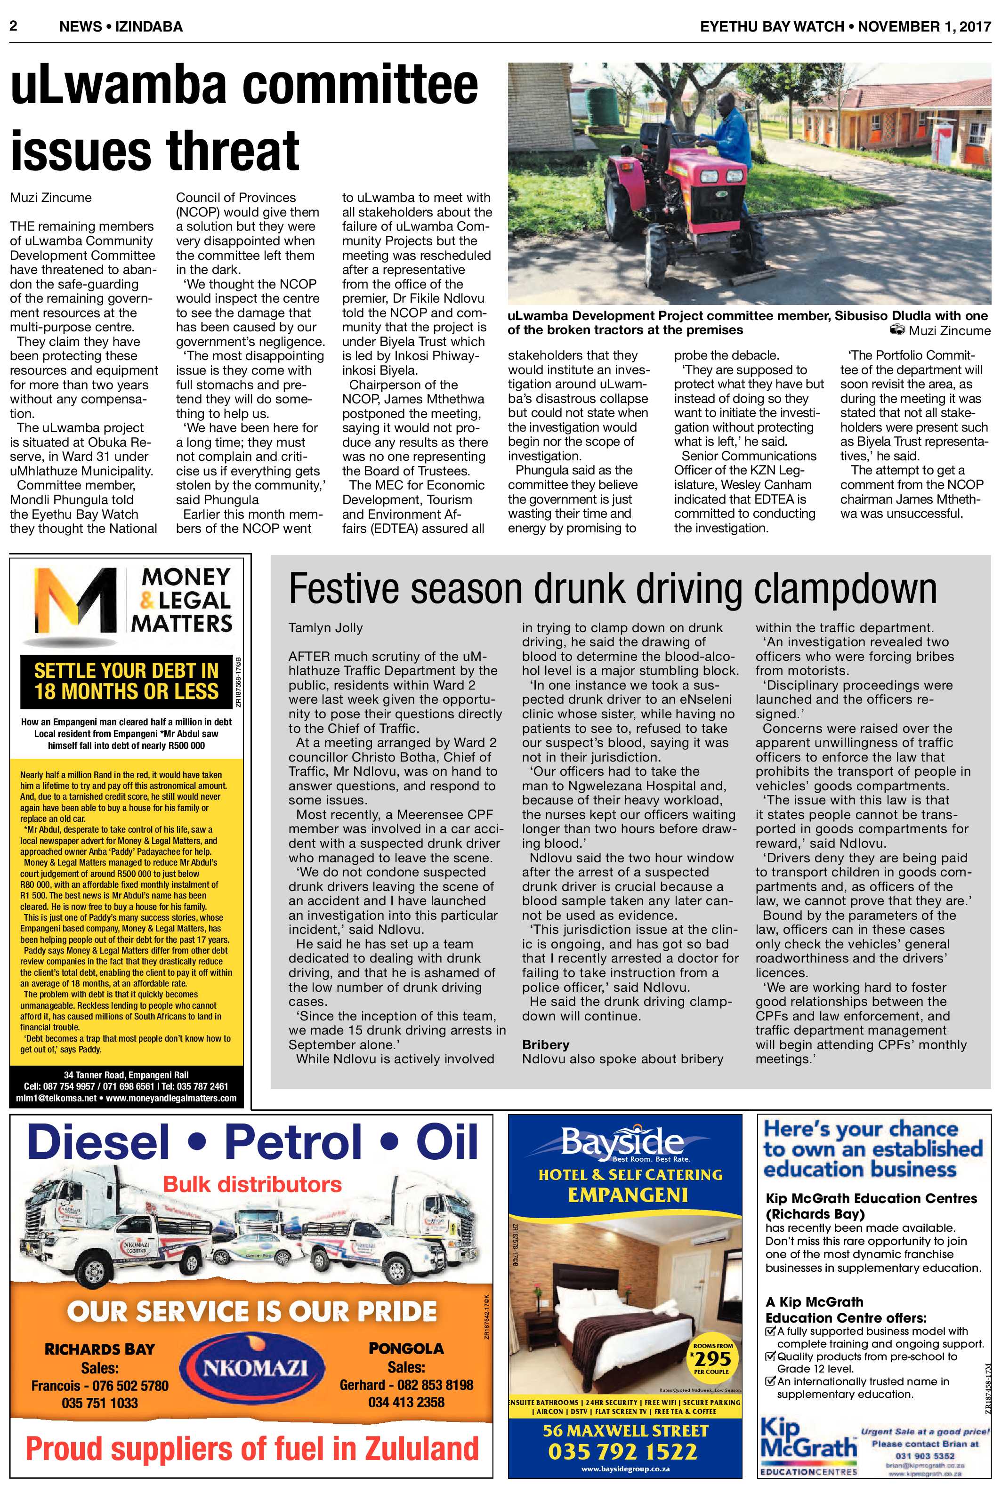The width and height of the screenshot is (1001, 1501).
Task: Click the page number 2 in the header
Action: click(13, 26)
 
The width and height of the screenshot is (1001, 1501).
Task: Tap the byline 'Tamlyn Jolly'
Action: click(325, 627)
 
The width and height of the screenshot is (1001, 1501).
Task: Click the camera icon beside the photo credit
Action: click(897, 330)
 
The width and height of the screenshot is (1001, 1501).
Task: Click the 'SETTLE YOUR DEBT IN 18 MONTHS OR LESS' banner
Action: click(126, 681)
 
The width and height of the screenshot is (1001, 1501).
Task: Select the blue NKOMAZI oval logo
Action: click(255, 1366)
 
